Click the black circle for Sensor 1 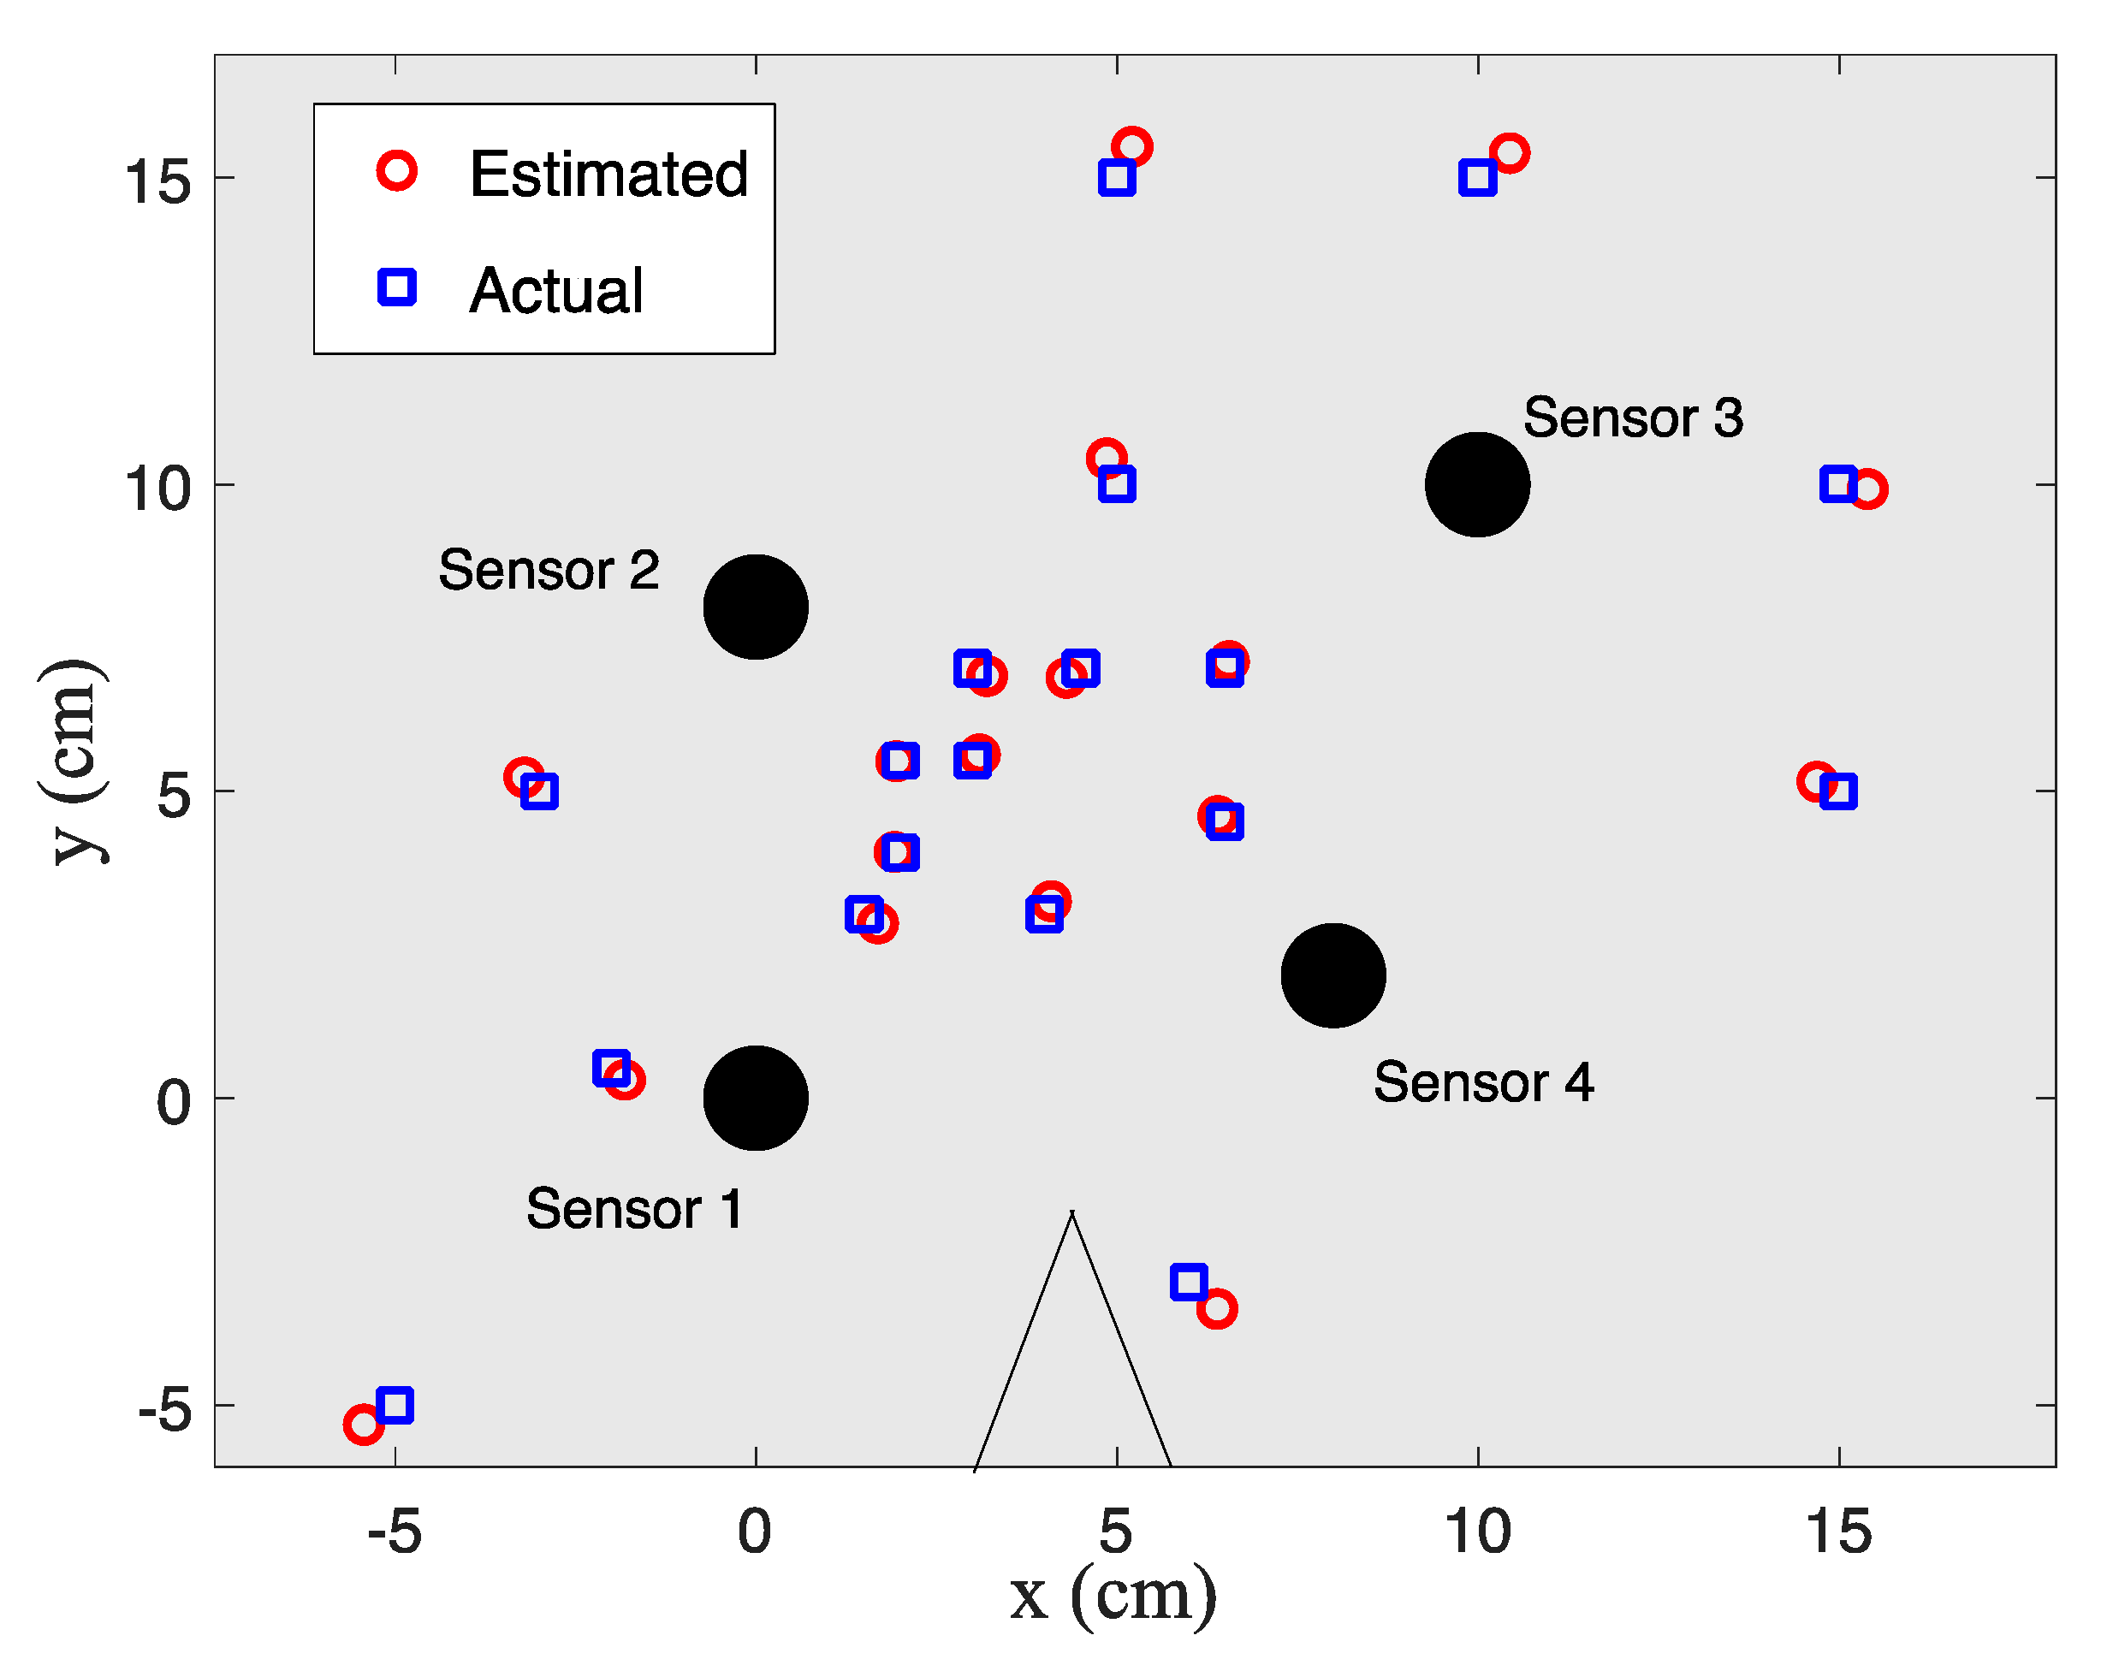[x=756, y=1098]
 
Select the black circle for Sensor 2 [x=756, y=607]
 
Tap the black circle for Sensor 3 [x=1477, y=484]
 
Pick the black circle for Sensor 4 [x=1332, y=975]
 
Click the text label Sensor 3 [x=1633, y=418]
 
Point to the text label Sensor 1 [x=635, y=1210]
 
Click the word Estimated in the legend [x=608, y=175]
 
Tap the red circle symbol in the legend [x=397, y=170]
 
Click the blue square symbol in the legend [x=397, y=287]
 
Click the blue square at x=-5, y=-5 [x=395, y=1405]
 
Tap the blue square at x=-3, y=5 [x=539, y=791]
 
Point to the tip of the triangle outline [x=1072, y=1212]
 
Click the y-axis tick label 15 [x=157, y=181]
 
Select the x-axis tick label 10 [x=1477, y=1532]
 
